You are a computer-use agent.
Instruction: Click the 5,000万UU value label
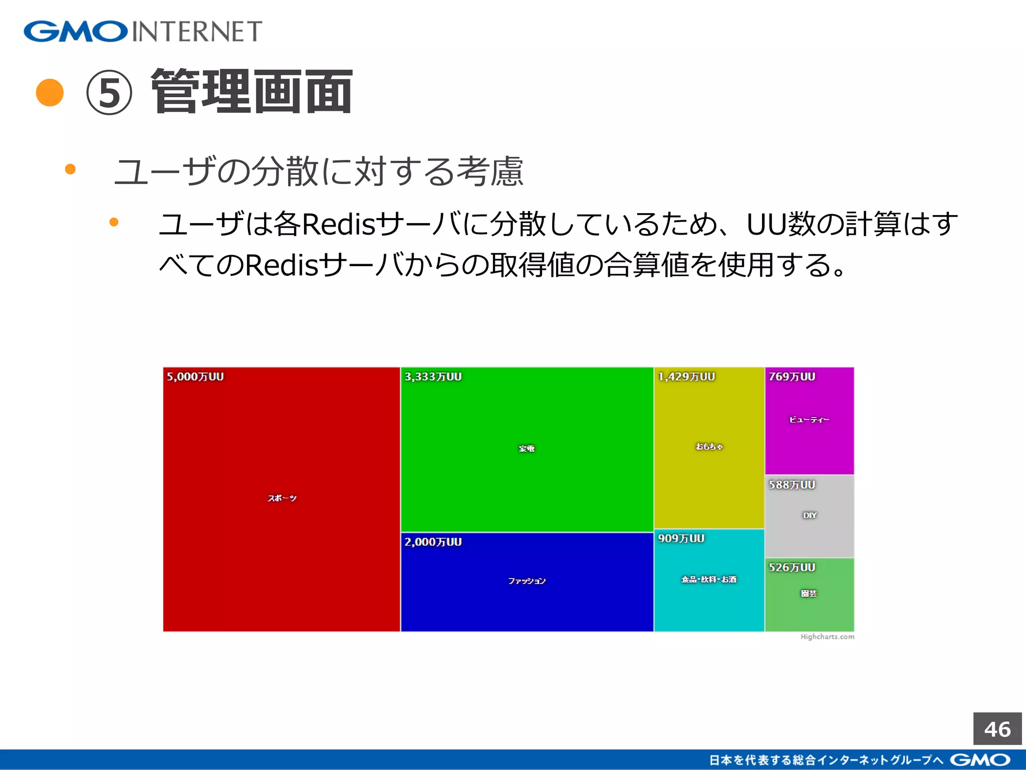click(x=195, y=377)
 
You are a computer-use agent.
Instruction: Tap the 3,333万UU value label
click(x=433, y=377)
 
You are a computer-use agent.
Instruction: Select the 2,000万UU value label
click(x=433, y=542)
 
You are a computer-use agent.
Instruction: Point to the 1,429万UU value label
click(x=686, y=377)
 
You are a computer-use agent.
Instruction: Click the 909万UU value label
click(x=681, y=539)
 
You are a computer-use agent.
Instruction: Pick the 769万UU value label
click(x=792, y=377)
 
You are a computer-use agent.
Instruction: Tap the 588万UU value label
click(x=792, y=485)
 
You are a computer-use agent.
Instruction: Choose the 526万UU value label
click(x=792, y=568)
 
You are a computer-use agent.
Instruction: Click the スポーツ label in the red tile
click(x=282, y=498)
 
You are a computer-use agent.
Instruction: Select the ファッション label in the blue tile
click(x=527, y=581)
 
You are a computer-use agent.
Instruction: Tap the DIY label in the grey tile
click(x=810, y=515)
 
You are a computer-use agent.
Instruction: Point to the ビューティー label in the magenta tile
click(x=809, y=420)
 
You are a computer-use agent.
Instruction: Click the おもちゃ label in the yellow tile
click(x=709, y=447)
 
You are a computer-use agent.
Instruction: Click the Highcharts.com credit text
click(x=827, y=637)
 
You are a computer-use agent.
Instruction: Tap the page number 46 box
click(x=997, y=729)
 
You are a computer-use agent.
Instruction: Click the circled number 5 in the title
click(x=109, y=93)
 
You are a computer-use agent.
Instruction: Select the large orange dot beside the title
click(x=50, y=93)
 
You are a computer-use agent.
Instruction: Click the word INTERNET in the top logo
click(x=197, y=32)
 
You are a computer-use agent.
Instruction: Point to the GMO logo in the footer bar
click(x=980, y=760)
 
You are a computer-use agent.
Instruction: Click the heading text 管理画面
click(x=252, y=92)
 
